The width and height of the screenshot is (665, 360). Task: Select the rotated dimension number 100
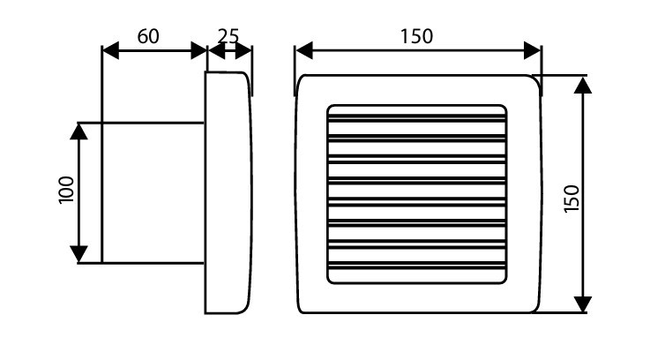click(x=67, y=191)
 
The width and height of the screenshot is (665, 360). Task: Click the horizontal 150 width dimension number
click(x=416, y=35)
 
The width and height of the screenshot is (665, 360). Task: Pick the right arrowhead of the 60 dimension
click(x=198, y=50)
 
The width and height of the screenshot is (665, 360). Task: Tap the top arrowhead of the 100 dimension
click(x=79, y=130)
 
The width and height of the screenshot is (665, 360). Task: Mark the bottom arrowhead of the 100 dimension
click(x=79, y=254)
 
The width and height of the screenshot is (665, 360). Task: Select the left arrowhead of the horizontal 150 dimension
click(x=303, y=50)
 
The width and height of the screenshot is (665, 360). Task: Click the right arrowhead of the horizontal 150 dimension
click(x=533, y=50)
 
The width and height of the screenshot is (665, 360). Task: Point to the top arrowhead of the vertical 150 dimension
click(x=583, y=85)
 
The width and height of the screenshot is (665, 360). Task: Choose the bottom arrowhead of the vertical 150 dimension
click(x=583, y=304)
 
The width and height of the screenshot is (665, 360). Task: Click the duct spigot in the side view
click(x=153, y=192)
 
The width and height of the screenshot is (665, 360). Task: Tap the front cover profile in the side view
click(x=228, y=192)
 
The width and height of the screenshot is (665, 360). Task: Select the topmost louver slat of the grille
click(x=416, y=116)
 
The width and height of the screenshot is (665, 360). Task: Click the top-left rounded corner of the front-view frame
click(x=303, y=80)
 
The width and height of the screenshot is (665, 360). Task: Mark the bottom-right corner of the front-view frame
click(x=534, y=308)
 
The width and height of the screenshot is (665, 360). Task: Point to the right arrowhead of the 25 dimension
click(x=245, y=50)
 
